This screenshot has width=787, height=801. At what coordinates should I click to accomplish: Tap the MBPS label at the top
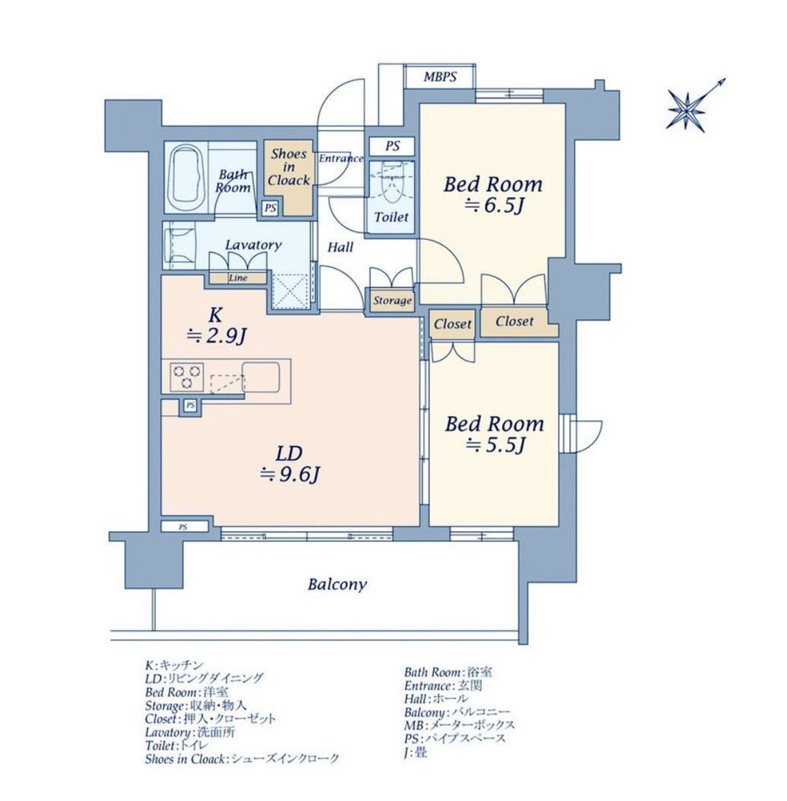(x=440, y=77)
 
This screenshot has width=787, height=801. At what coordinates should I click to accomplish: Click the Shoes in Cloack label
(x=288, y=167)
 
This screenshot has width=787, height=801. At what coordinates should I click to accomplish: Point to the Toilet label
(x=391, y=217)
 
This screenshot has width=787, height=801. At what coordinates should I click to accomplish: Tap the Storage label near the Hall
(x=392, y=301)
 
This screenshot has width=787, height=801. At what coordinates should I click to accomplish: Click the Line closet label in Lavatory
(x=238, y=278)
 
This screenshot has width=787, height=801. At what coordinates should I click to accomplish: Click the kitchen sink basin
(x=261, y=377)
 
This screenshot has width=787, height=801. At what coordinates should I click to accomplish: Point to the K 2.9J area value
(x=217, y=336)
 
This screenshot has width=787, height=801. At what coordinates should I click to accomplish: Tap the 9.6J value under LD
(x=290, y=475)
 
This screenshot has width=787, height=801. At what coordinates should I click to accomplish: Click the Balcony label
(x=337, y=584)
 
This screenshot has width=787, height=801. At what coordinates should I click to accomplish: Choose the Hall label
(x=340, y=248)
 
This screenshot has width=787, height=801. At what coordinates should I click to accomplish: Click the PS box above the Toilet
(x=392, y=146)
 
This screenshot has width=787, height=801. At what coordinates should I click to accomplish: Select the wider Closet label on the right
(x=514, y=322)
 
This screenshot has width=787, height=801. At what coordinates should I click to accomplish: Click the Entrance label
(x=341, y=158)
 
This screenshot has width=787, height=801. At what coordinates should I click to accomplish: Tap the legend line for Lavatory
(x=190, y=732)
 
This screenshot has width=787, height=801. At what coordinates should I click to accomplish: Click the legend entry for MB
(x=459, y=725)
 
